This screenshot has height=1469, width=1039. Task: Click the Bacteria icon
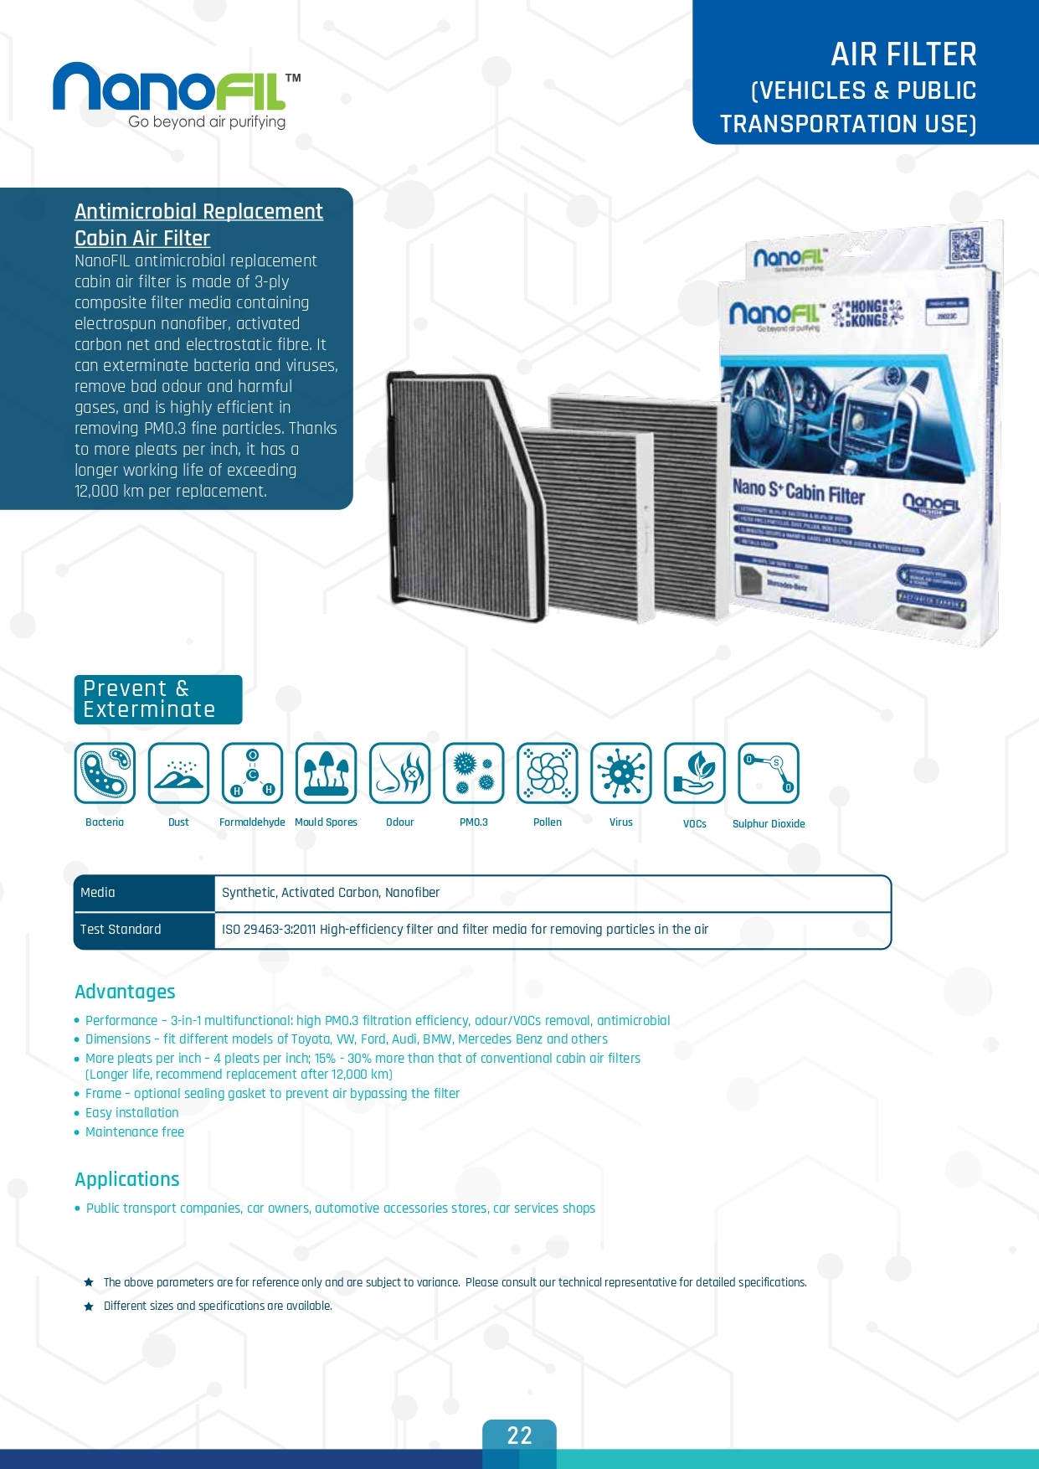[105, 773]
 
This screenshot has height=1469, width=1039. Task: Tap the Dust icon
[178, 773]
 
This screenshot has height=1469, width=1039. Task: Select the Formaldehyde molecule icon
[252, 773]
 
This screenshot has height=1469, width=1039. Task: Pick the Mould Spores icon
[326, 773]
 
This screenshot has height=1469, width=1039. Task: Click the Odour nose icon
[399, 773]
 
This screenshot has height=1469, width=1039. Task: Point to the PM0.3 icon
[473, 773]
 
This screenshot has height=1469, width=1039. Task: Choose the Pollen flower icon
[547, 773]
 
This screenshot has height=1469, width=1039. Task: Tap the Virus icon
[620, 773]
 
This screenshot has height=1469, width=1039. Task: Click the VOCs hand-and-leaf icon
[694, 773]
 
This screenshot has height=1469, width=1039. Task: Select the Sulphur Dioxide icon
[768, 773]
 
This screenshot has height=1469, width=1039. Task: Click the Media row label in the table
[98, 893]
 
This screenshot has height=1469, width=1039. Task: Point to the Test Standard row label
[121, 930]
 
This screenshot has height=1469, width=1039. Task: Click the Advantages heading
[125, 992]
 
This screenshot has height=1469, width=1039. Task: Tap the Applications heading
[127, 1179]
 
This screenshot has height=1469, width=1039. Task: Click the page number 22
[519, 1436]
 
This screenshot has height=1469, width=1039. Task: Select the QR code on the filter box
[965, 247]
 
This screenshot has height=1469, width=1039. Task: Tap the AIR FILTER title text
[903, 55]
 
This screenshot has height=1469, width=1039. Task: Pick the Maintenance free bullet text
[135, 1132]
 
